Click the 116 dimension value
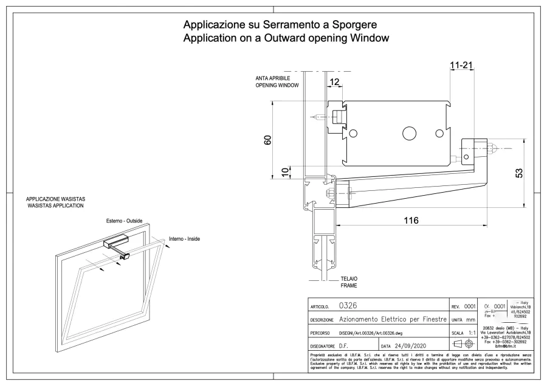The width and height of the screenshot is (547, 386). coord(411,220)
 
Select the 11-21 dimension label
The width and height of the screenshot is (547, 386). coord(462,64)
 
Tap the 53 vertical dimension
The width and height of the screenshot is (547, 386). coord(518,173)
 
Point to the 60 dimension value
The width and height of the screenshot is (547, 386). coord(268,140)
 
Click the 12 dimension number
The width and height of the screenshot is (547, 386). coord(335,82)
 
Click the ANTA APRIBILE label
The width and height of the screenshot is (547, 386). coord(272,79)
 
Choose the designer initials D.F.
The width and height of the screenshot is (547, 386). coord(343,346)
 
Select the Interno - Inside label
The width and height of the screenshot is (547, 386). coord(184,239)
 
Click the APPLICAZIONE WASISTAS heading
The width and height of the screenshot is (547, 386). coord(55,199)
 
